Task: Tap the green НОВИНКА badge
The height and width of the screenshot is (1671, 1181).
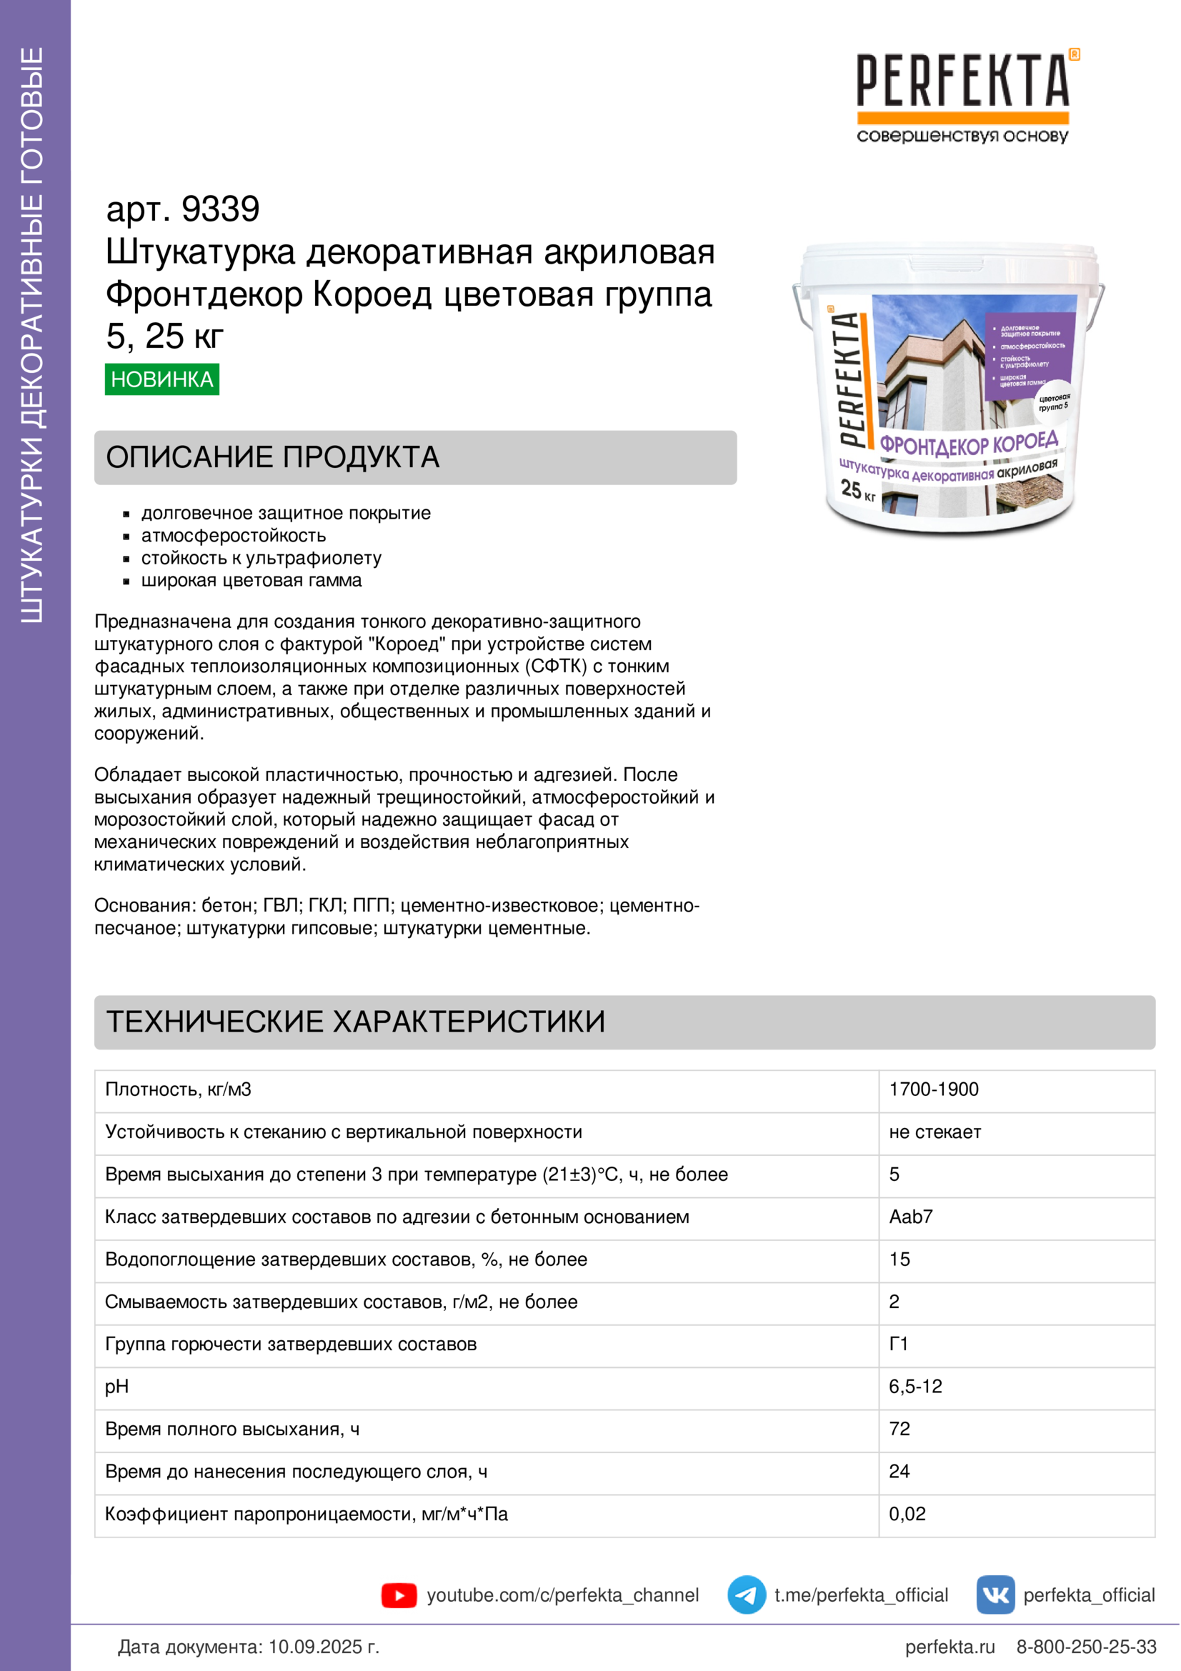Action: (x=161, y=379)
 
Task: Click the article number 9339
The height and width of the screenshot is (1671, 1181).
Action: (x=220, y=209)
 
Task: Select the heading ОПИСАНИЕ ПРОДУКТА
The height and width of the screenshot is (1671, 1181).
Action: (x=272, y=457)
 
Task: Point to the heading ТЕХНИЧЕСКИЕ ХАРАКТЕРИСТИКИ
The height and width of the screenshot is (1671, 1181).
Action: (x=355, y=1022)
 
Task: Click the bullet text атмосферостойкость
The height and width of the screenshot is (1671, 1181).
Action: (x=233, y=536)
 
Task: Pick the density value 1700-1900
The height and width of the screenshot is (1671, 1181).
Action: (x=934, y=1089)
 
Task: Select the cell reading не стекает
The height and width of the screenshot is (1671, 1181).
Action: (x=935, y=1132)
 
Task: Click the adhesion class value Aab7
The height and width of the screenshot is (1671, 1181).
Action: (x=910, y=1217)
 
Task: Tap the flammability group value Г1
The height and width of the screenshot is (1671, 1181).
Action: (x=899, y=1345)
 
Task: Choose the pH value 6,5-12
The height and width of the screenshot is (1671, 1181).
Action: (x=915, y=1387)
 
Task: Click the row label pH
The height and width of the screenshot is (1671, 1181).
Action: (x=116, y=1387)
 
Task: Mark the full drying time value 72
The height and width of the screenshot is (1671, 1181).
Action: (x=900, y=1429)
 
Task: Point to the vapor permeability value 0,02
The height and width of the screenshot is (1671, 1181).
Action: (x=907, y=1514)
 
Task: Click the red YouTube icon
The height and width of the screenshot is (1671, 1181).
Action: (x=399, y=1595)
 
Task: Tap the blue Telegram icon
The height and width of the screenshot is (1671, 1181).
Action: (x=746, y=1595)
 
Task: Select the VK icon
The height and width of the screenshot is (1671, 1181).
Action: (x=995, y=1595)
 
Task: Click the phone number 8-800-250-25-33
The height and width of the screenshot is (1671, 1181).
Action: (x=1086, y=1647)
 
